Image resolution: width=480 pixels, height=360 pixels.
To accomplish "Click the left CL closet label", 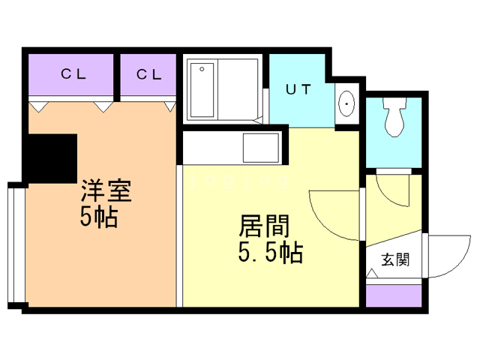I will coord(72,74).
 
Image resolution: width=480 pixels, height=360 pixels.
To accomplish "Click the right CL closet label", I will coord(148,74).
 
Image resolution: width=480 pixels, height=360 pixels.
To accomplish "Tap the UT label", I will coord(298,89).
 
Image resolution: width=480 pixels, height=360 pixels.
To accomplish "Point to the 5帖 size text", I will coord(98,217).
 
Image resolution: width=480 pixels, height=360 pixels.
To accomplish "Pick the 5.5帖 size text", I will coord(270,253).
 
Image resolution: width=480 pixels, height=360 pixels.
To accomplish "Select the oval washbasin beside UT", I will coord(347,103).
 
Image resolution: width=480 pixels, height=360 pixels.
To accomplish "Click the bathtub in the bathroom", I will coord(202,91).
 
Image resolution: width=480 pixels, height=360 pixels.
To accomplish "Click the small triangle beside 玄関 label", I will coord(371,275).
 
